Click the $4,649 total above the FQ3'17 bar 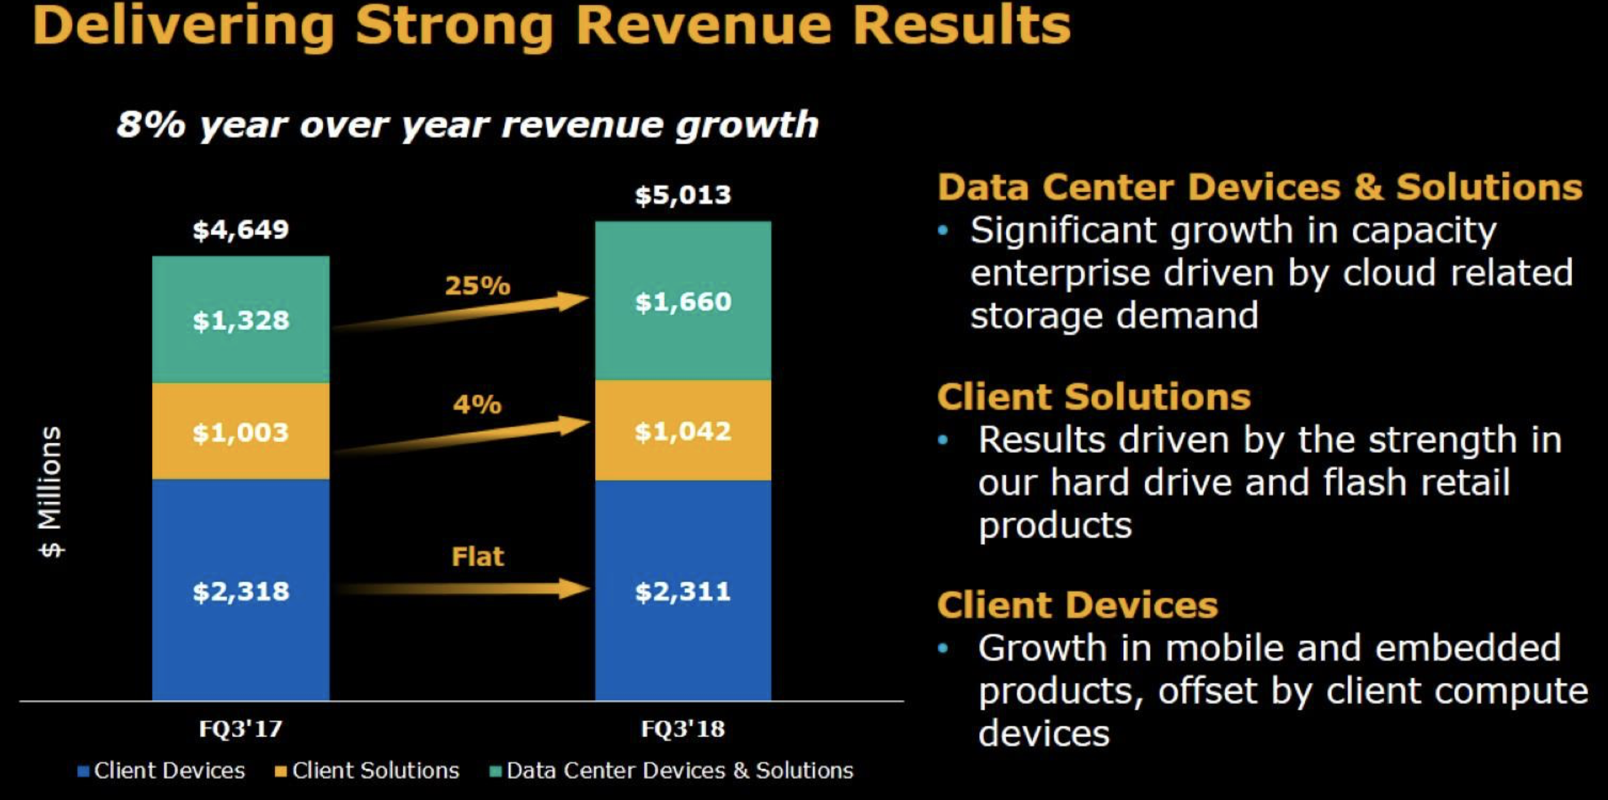pyautogui.click(x=240, y=230)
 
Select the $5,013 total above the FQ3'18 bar pyautogui.click(x=682, y=195)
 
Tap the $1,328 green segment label pyautogui.click(x=240, y=321)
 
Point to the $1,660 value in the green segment pyautogui.click(x=682, y=302)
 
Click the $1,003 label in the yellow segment pyautogui.click(x=240, y=432)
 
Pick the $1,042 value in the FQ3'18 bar pyautogui.click(x=682, y=431)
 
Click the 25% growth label pyautogui.click(x=478, y=286)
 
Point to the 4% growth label pyautogui.click(x=478, y=405)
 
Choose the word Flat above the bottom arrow pyautogui.click(x=478, y=556)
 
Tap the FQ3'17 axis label pyautogui.click(x=240, y=729)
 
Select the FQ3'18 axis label pyautogui.click(x=682, y=729)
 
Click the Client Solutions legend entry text pyautogui.click(x=375, y=770)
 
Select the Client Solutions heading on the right pyautogui.click(x=1094, y=396)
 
